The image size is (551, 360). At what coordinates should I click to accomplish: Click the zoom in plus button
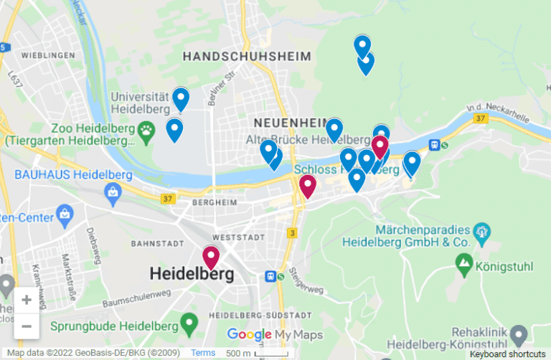[27, 300]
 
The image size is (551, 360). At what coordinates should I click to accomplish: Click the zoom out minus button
[27, 326]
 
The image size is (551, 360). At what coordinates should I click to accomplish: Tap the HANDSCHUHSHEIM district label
[247, 56]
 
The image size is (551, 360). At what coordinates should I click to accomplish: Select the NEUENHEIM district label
[285, 122]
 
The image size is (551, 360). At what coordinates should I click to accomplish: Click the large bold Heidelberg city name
[192, 273]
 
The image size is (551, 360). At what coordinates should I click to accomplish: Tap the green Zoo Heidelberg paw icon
[147, 129]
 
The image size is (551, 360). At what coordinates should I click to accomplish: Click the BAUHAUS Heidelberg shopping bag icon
[113, 191]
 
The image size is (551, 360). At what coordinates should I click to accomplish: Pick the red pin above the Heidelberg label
[211, 256]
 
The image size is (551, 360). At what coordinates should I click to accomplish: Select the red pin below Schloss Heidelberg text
[308, 185]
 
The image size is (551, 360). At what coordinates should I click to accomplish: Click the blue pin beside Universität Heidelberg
[181, 98]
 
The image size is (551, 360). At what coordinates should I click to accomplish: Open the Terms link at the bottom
[203, 353]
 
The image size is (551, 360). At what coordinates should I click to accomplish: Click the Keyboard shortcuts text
[508, 354]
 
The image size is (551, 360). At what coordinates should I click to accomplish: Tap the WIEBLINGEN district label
[48, 55]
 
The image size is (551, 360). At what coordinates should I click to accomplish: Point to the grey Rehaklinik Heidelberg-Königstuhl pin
[519, 333]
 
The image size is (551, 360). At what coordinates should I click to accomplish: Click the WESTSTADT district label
[233, 236]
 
